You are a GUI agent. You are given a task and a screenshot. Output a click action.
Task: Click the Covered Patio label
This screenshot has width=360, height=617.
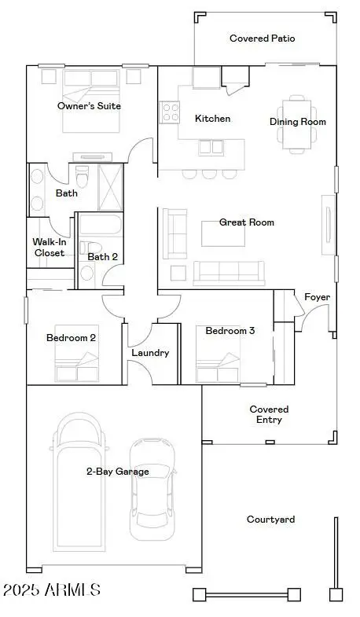(262, 38)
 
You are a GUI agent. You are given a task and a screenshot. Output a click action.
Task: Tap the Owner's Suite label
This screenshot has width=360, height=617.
(89, 105)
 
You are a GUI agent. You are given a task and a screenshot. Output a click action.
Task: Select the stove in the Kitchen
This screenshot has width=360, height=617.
(169, 112)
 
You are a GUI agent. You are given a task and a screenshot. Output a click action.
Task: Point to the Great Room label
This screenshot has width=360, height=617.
(246, 222)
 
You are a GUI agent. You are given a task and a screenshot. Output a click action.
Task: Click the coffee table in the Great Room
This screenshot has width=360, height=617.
(221, 234)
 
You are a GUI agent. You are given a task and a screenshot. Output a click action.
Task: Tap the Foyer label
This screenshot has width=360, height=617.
(317, 297)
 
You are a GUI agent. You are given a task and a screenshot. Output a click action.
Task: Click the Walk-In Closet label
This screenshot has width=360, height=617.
(48, 248)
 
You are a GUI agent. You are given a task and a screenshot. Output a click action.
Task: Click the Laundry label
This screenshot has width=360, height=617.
(149, 353)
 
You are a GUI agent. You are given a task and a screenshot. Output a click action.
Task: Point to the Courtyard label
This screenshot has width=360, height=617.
(270, 520)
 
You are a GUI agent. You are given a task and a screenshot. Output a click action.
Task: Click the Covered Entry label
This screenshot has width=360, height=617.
(269, 414)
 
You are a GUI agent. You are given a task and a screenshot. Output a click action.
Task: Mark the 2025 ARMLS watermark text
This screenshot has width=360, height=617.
(52, 589)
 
